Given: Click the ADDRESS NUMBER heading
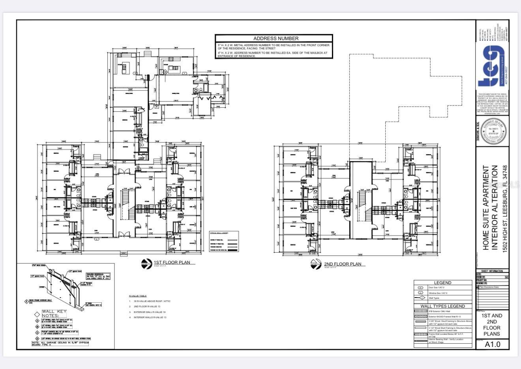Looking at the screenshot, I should click(275, 38).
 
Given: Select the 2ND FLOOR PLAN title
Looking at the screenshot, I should click(342, 264).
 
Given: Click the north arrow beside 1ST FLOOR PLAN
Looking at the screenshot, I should click(146, 264).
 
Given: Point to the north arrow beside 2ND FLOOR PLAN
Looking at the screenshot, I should click(316, 265).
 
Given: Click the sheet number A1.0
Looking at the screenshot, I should click(492, 344).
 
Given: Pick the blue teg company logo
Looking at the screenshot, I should click(491, 65).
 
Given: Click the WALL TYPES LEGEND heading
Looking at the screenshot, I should click(442, 306).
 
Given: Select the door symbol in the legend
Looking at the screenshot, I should click(420, 288).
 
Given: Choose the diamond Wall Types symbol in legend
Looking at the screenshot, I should click(420, 298).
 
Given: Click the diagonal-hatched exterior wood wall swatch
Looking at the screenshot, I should click(421, 317).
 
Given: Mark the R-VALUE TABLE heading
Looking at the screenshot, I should click(137, 296).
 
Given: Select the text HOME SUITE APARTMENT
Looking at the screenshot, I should click(486, 208).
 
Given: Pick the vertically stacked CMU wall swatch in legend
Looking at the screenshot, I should click(421, 311).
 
